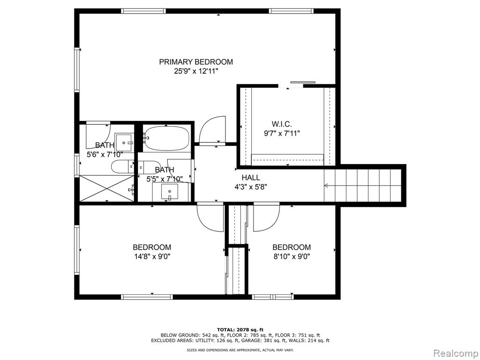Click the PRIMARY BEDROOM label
(196, 62)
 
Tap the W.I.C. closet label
(282, 124)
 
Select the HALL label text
(251, 178)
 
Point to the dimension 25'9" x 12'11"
(196, 71)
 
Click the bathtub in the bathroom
(166, 138)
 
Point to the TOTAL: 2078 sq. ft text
(240, 330)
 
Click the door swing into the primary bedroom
(212, 129)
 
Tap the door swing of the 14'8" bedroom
(210, 217)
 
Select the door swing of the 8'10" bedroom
(266, 217)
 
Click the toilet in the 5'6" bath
(122, 167)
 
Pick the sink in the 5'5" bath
(170, 192)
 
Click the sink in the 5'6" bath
(124, 142)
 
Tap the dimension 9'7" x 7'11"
(282, 134)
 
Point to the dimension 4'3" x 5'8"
(251, 187)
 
